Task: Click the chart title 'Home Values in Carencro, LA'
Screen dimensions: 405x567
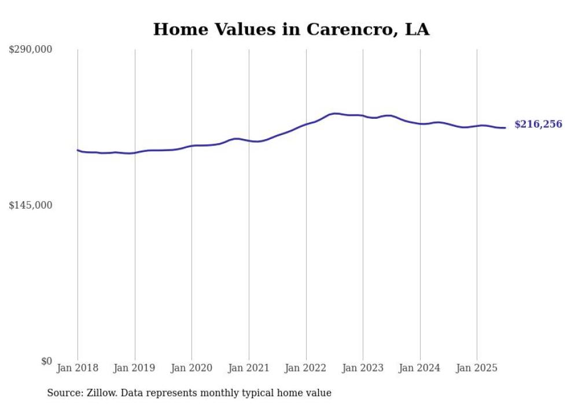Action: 291,30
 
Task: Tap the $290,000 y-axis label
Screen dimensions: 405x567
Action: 31,50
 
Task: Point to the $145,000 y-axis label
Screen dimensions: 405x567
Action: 31,205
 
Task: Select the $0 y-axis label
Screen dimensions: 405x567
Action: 46,361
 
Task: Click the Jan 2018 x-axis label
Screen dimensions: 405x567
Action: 78,368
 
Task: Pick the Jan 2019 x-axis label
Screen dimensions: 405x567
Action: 135,368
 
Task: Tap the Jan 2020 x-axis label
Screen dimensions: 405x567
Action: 192,368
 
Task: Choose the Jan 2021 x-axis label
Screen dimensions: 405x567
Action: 249,368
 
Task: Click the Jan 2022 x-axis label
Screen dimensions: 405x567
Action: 306,368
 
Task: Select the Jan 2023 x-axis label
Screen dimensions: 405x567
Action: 363,368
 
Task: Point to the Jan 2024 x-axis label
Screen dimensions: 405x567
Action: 420,368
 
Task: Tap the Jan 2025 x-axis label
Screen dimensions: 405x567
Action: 477,368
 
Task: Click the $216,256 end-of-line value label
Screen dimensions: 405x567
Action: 538,125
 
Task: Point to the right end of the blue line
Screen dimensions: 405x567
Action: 505,127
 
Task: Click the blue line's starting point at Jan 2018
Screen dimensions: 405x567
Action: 78,150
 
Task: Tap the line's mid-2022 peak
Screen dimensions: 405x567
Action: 334,114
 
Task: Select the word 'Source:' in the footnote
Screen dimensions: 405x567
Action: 64,393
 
